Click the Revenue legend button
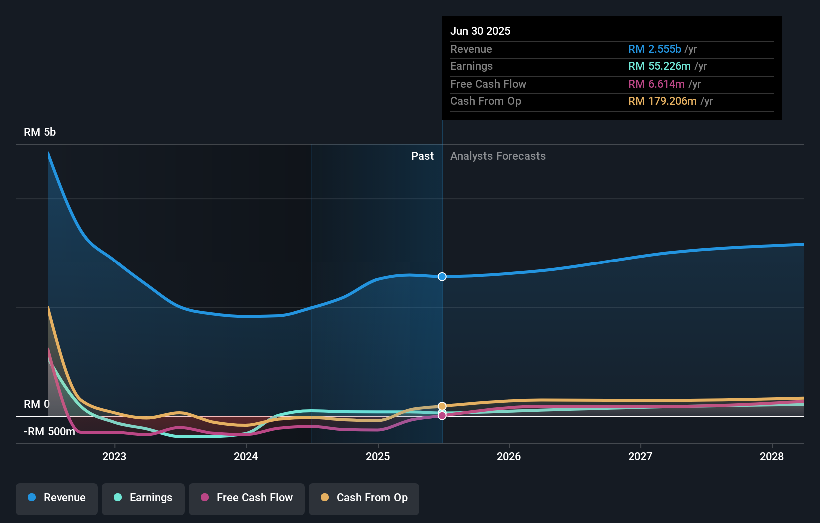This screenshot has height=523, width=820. pyautogui.click(x=57, y=498)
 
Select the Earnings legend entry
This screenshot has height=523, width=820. pyautogui.click(x=143, y=498)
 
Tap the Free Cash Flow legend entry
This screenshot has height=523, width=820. pyautogui.click(x=247, y=498)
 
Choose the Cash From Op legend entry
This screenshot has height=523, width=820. pyautogui.click(x=364, y=498)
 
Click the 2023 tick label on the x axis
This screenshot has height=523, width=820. pyautogui.click(x=114, y=456)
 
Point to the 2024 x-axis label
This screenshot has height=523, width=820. pyautogui.click(x=246, y=456)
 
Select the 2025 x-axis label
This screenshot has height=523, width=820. pyautogui.click(x=378, y=456)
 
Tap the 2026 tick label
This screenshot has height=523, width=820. pyautogui.click(x=509, y=456)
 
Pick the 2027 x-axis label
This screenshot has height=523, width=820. pyautogui.click(x=640, y=456)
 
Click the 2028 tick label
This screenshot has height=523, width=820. pyautogui.click(x=772, y=456)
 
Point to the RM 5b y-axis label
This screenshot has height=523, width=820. pyautogui.click(x=40, y=132)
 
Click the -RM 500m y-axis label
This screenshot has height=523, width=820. pyautogui.click(x=49, y=432)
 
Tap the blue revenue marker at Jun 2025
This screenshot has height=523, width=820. pyautogui.click(x=442, y=277)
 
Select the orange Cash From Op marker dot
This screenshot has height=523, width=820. pyautogui.click(x=442, y=406)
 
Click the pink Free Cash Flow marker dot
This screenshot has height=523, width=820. pyautogui.click(x=442, y=415)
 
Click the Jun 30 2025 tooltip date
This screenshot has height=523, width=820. pyautogui.click(x=480, y=31)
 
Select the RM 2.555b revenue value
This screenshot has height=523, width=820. pyautogui.click(x=654, y=49)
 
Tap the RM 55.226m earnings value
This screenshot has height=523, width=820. pyautogui.click(x=659, y=66)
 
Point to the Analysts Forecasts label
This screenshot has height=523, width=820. pyautogui.click(x=498, y=156)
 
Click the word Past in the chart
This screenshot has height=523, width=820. pyautogui.click(x=422, y=156)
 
